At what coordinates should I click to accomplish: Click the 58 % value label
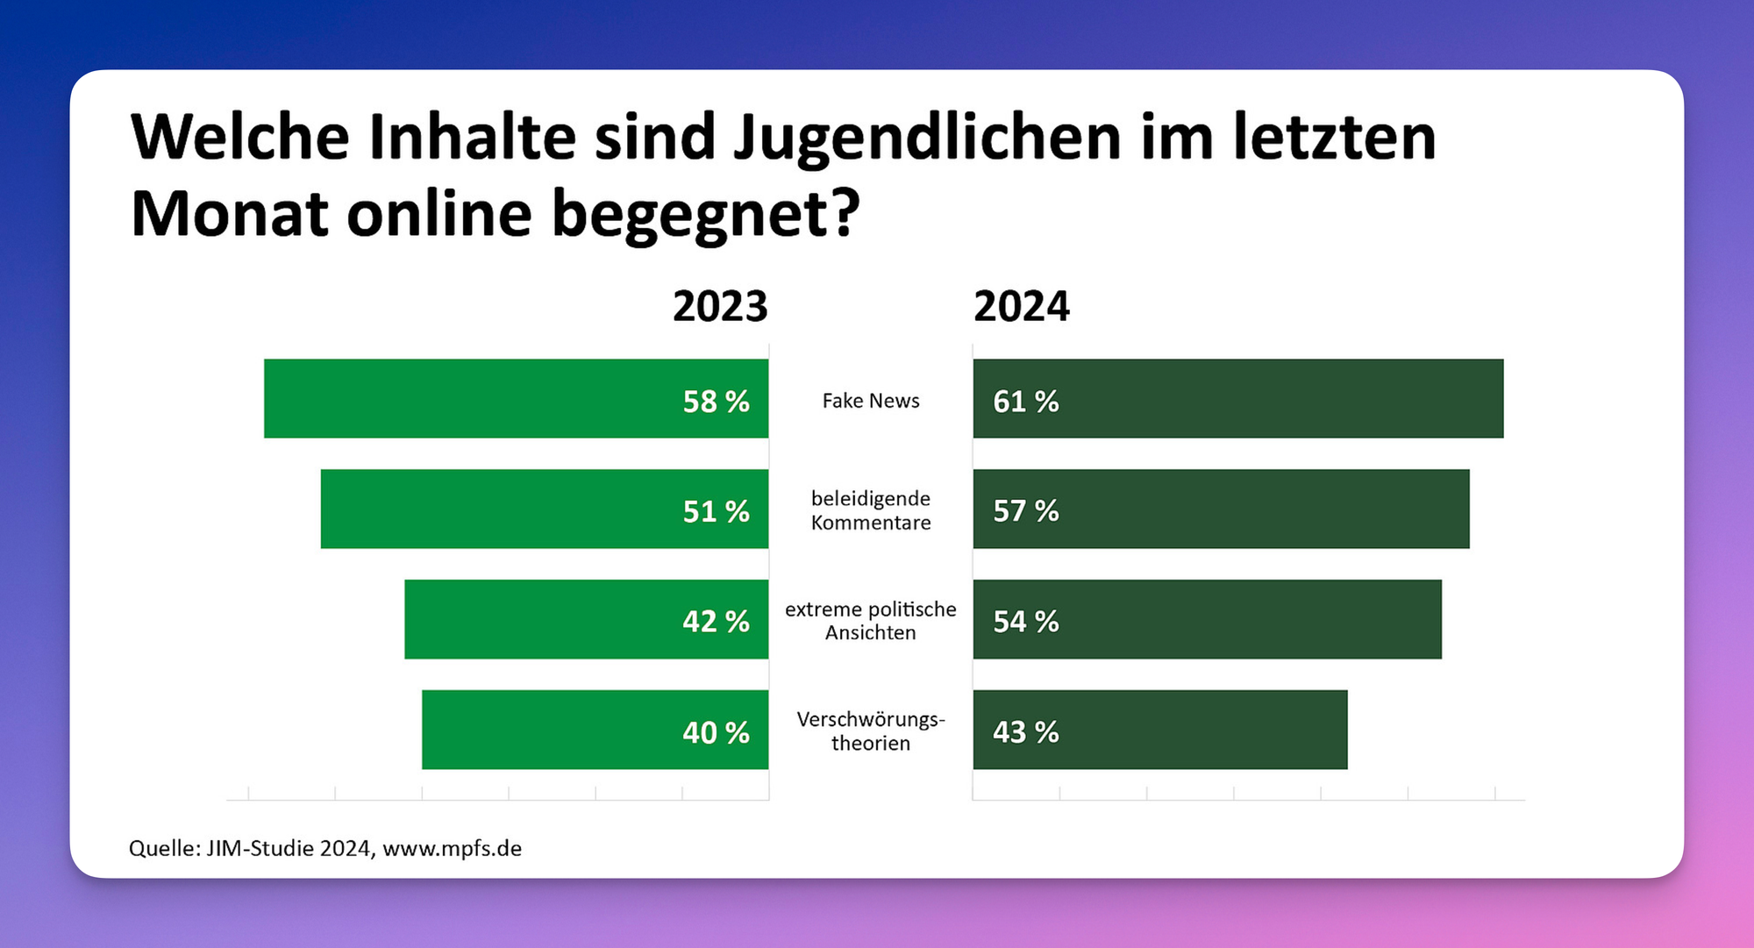[x=716, y=402]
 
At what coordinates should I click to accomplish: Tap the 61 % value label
[x=1025, y=402]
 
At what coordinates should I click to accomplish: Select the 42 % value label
[x=716, y=622]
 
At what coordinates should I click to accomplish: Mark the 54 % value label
[x=1025, y=622]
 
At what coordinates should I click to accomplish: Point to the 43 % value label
[x=1025, y=732]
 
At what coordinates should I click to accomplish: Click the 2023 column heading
[x=720, y=307]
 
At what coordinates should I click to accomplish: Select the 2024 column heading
[x=1021, y=307]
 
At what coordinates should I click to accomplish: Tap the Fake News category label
[x=871, y=401]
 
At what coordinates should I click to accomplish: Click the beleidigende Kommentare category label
[x=871, y=510]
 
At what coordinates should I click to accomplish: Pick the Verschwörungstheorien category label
[x=871, y=731]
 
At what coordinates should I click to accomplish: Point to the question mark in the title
[x=844, y=213]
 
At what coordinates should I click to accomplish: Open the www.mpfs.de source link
[x=452, y=849]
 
